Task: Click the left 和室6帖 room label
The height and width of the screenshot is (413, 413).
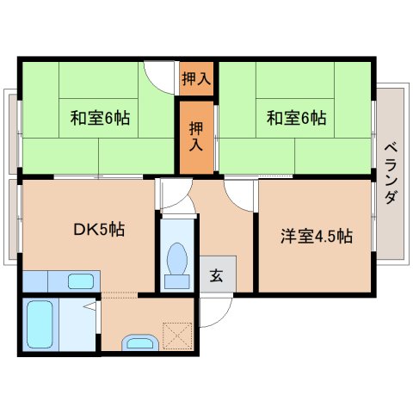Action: pos(100,118)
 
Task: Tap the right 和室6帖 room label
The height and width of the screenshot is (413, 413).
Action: pos(295,118)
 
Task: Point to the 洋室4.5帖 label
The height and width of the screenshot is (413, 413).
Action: pos(317,235)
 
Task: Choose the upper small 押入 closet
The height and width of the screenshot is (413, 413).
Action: pos(195,79)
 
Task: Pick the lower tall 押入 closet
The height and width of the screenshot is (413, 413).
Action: pos(196,137)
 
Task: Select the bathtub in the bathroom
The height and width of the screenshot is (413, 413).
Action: pos(40,325)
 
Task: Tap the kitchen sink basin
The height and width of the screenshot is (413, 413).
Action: pos(80,280)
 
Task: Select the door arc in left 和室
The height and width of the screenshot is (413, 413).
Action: pos(159,75)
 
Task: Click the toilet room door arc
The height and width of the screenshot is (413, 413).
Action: pos(172,196)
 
